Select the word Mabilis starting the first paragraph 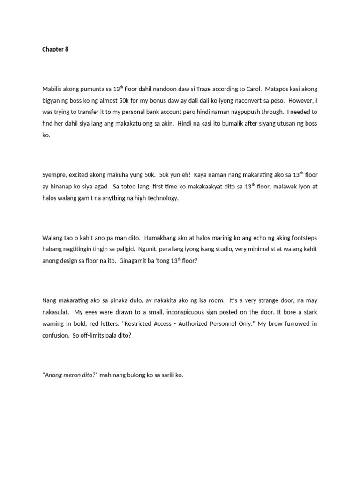coord(53,89)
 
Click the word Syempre coord(56,175)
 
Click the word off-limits coord(100,336)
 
